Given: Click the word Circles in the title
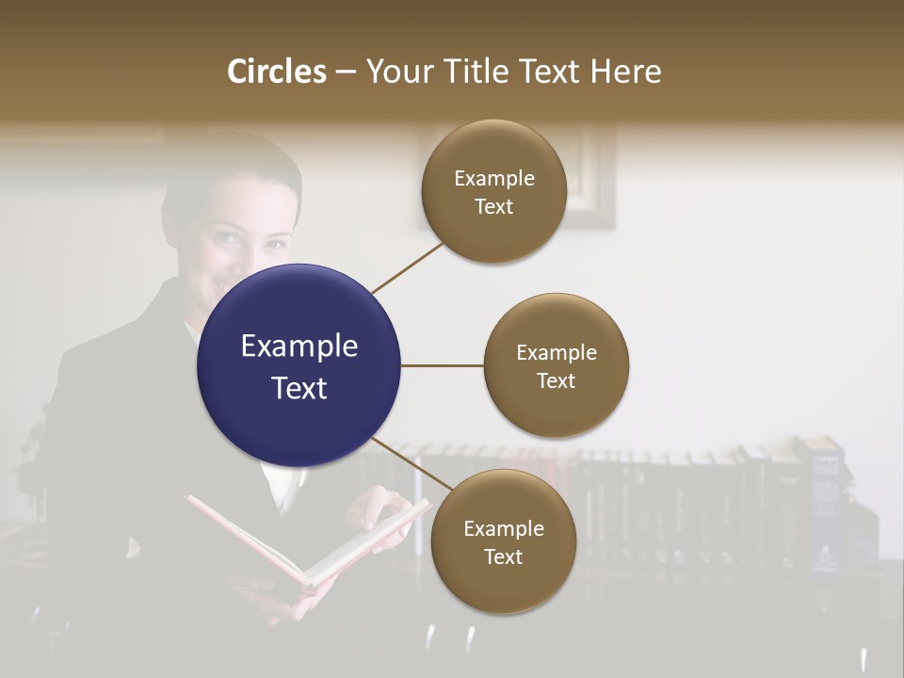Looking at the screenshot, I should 277,72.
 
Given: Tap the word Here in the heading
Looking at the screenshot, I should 625,72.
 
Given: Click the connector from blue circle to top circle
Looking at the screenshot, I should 409,267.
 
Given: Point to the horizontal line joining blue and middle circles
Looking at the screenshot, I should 442,365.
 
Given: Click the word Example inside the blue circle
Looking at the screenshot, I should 299,347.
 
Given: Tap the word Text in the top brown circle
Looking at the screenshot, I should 493,207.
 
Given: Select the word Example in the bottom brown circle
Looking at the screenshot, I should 503,529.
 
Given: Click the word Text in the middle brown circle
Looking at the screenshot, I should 556,381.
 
